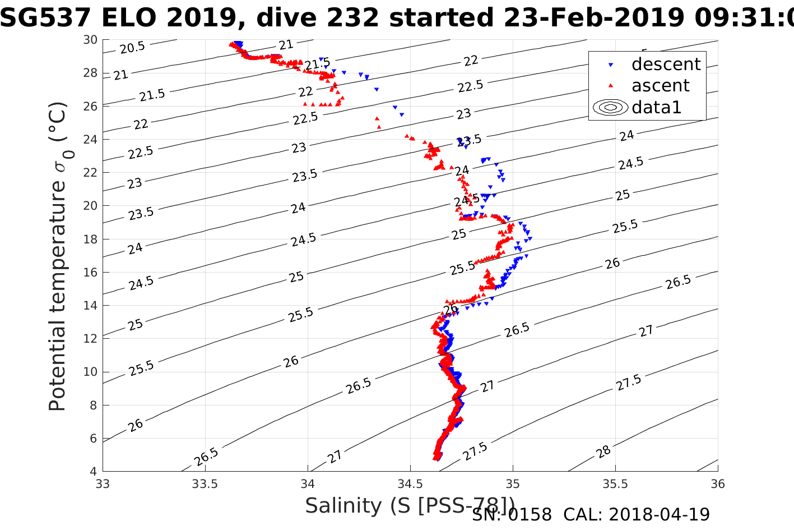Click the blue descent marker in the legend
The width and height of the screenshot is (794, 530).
click(611, 65)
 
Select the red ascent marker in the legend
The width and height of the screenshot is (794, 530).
click(611, 86)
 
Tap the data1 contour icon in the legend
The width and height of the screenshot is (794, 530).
click(611, 107)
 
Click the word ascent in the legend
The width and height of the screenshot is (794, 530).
click(661, 86)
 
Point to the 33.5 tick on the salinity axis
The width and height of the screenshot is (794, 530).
click(205, 484)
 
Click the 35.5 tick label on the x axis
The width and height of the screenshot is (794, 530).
click(615, 484)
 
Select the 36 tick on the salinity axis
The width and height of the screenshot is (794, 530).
click(717, 484)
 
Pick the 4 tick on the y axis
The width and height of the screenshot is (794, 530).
click(94, 472)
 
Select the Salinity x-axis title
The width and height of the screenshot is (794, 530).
click(410, 506)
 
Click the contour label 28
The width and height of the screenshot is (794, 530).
click(603, 452)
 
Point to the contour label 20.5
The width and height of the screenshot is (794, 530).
click(132, 48)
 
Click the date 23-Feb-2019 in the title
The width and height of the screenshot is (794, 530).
click(594, 19)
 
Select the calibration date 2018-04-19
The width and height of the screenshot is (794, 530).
click(659, 514)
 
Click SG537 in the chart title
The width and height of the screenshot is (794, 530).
click(46, 19)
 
